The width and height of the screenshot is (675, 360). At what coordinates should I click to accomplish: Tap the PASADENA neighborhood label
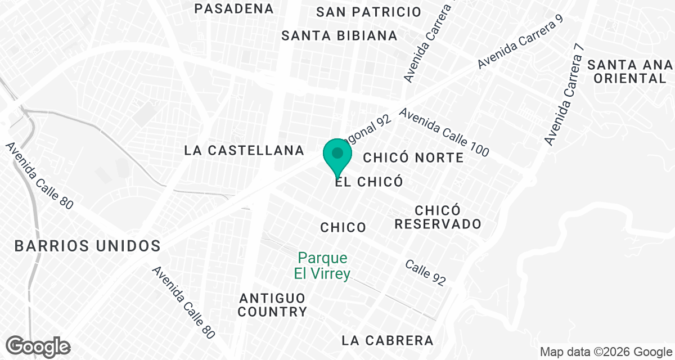click(233, 8)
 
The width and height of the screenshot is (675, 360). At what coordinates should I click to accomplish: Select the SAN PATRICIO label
click(368, 12)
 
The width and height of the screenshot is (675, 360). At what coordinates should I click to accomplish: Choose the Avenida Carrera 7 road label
click(564, 94)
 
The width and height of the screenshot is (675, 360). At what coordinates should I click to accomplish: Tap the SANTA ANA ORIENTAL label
click(629, 71)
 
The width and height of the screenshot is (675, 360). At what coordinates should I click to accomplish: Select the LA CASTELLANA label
click(244, 150)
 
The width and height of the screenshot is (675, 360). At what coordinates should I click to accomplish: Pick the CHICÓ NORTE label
click(413, 157)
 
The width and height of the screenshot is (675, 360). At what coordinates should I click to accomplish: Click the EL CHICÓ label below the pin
click(369, 182)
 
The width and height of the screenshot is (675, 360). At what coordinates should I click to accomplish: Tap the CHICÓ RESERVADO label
click(438, 217)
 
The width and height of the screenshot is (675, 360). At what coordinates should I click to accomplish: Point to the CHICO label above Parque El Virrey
click(343, 227)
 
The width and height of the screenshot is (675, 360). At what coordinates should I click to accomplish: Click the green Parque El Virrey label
click(323, 266)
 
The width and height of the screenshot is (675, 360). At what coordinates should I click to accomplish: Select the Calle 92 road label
click(426, 273)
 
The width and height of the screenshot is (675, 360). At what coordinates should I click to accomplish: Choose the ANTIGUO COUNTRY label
click(272, 304)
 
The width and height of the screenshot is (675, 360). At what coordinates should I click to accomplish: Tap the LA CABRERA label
click(388, 340)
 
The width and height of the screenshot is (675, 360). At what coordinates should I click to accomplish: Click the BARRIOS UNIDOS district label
click(88, 246)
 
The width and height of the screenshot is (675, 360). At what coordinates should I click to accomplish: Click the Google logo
click(38, 345)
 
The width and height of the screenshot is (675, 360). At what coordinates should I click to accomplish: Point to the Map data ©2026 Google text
click(605, 352)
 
